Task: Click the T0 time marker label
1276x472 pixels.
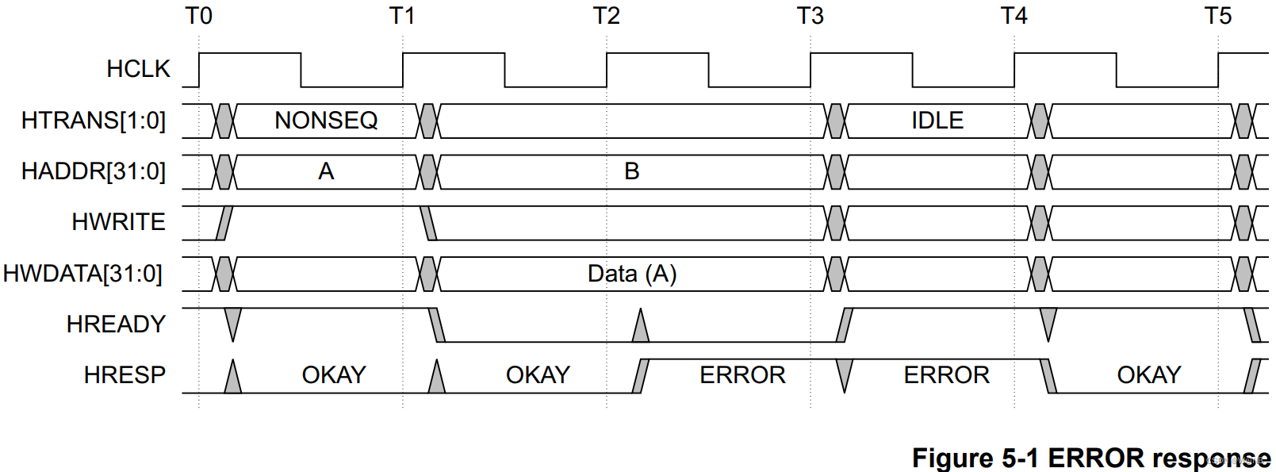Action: pos(198,16)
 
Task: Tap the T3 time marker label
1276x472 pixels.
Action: pos(810,16)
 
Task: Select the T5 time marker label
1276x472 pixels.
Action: pos(1218,16)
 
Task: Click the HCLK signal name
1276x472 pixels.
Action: pos(138,69)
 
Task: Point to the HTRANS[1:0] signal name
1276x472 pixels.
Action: pos(94,121)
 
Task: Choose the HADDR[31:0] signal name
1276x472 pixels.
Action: pos(94,171)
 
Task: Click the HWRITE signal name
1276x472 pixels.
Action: pos(118,222)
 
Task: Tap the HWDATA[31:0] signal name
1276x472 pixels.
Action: pos(83,274)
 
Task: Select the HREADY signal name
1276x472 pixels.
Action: pos(116,324)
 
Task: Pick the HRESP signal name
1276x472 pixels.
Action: pos(125,374)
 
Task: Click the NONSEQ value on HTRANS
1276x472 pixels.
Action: pos(326,121)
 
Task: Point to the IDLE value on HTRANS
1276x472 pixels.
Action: pos(937,121)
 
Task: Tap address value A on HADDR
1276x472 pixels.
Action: pos(326,171)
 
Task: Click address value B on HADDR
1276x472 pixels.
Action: pos(632,171)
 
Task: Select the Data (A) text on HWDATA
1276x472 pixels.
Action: pos(632,274)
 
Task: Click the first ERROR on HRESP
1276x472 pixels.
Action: pos(742,374)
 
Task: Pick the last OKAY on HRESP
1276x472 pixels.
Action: pos(1149,374)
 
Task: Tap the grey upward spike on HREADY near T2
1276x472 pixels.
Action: pos(641,328)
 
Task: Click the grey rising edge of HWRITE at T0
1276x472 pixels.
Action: pos(225,223)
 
